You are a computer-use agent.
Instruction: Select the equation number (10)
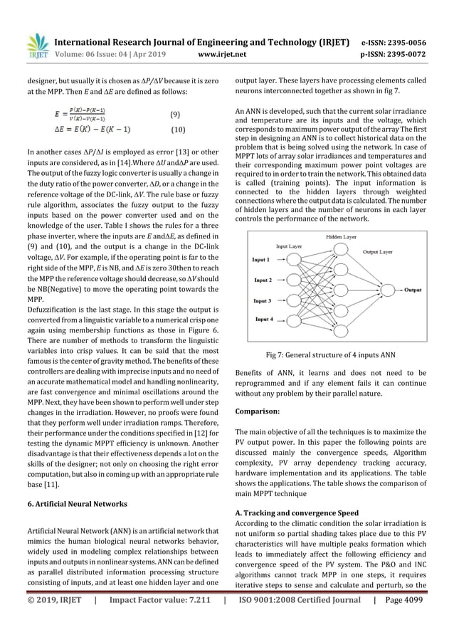(179, 130)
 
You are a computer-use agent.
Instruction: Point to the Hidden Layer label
(342, 236)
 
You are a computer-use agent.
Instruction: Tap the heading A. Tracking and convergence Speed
(297, 512)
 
